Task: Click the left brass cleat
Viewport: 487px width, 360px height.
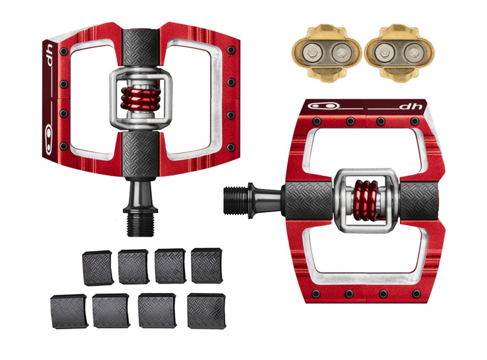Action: pos(326,53)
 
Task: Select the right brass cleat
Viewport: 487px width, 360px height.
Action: pos(399,53)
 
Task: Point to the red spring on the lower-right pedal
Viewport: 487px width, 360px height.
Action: pos(366,200)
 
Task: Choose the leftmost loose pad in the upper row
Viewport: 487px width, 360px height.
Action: pos(97,268)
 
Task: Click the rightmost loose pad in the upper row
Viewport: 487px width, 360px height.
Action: pos(207,265)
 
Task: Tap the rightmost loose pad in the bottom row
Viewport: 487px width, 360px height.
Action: pos(206,310)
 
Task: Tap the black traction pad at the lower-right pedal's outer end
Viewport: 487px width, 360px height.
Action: pos(419,200)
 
